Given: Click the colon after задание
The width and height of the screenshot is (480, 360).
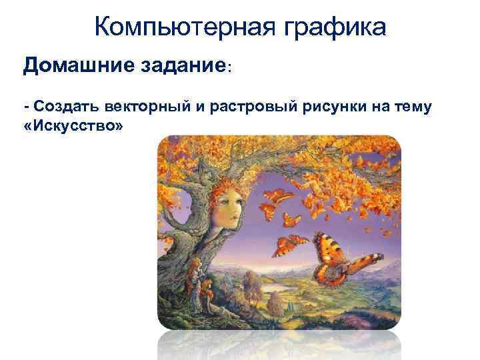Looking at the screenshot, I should coord(230,69).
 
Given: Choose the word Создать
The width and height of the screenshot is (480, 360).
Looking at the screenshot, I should coord(64,107).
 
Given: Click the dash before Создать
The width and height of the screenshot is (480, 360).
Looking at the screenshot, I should coord(26,107).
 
